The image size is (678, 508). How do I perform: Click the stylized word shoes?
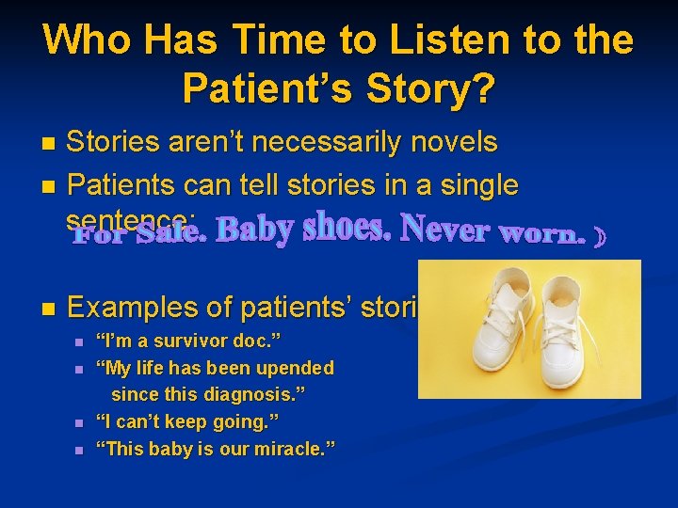(x=344, y=228)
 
